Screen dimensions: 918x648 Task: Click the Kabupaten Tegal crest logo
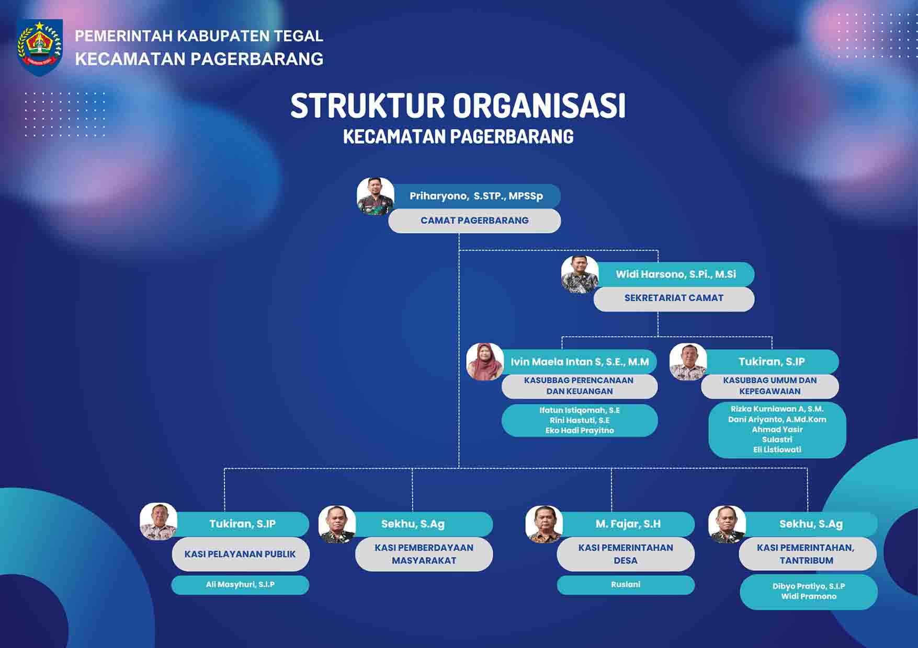[x=40, y=47]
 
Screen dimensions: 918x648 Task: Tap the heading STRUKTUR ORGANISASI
[x=458, y=106]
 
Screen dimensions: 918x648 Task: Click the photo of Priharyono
[x=376, y=196]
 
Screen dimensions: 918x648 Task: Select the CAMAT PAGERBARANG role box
[x=474, y=221]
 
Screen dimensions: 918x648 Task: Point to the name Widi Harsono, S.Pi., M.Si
[x=676, y=274]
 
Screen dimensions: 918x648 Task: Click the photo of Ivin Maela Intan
[x=485, y=362]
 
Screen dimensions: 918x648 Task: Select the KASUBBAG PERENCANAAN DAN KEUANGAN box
[x=579, y=386]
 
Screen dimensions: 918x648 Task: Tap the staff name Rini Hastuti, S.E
[x=580, y=420]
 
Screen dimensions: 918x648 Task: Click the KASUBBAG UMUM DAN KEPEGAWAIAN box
[x=770, y=386]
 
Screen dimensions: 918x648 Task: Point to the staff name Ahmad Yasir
[x=777, y=430]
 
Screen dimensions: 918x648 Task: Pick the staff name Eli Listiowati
[x=777, y=449]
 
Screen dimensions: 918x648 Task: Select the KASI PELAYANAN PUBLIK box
[x=241, y=554]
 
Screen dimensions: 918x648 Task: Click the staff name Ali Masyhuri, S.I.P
[x=240, y=585]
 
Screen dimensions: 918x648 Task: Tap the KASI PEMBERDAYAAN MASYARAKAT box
[x=424, y=554]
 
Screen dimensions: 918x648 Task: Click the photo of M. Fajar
[x=544, y=524]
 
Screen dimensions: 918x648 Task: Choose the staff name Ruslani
[x=626, y=585]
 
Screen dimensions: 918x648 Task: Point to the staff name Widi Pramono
[x=809, y=596]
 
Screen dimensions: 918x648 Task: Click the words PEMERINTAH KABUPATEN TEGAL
[x=199, y=36]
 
